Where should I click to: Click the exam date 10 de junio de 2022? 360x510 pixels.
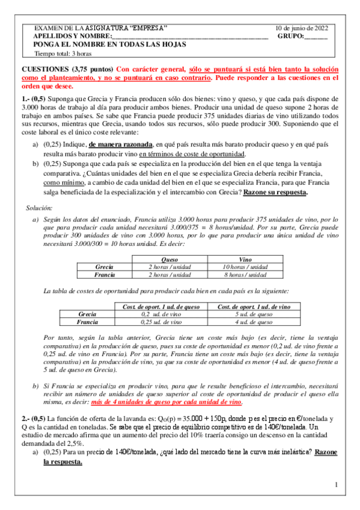click(302, 28)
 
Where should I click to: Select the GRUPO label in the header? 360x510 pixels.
click(291, 36)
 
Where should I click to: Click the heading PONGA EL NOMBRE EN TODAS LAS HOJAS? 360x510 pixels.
click(109, 45)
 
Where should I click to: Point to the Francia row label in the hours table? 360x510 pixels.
click(105, 274)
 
